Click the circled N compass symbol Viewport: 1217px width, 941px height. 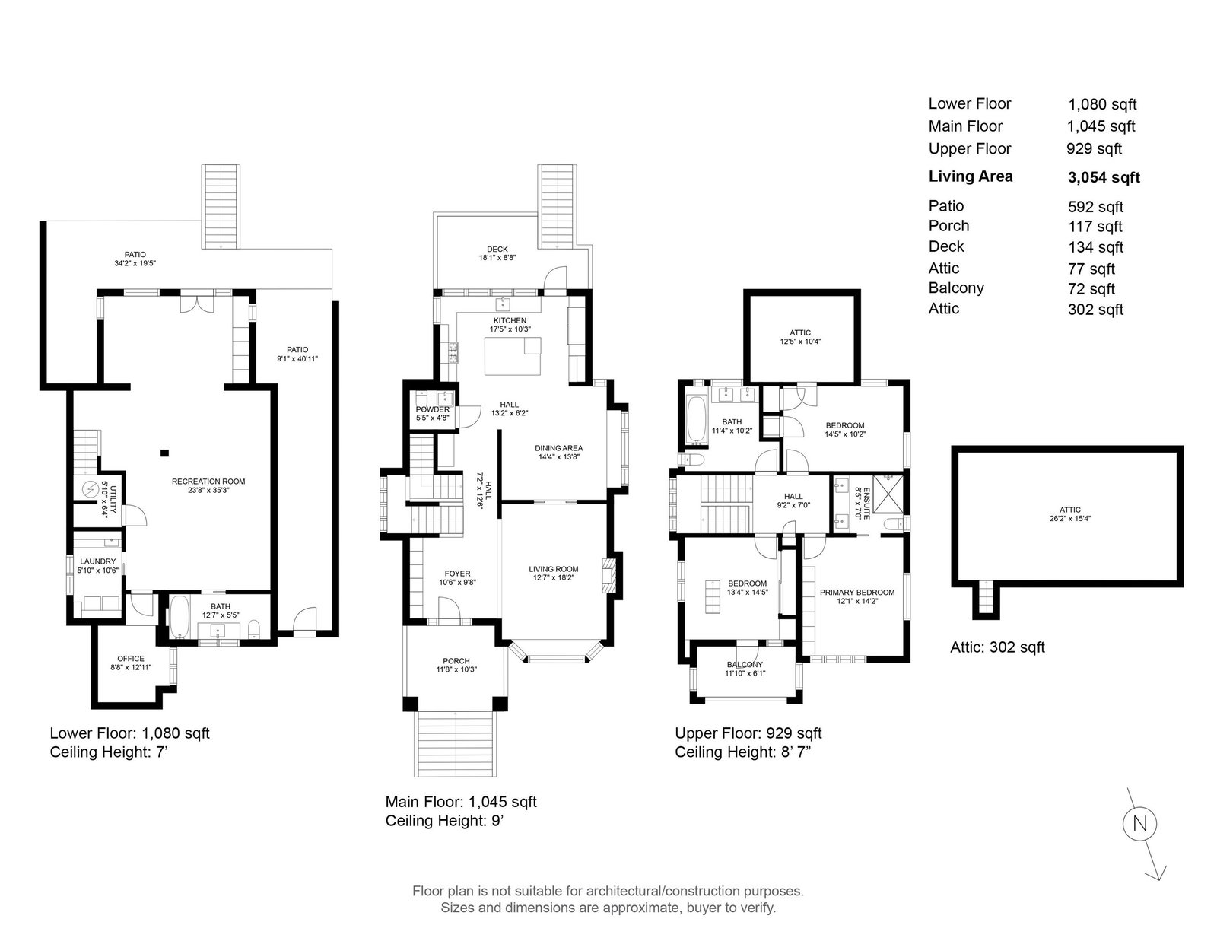[1139, 823]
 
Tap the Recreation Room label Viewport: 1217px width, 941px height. [208, 481]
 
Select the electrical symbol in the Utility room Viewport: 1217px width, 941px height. [91, 490]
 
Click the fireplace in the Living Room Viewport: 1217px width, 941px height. [608, 575]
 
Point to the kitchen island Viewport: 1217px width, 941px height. [513, 356]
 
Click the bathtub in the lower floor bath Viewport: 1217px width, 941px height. [180, 617]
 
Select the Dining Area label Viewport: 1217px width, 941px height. [558, 448]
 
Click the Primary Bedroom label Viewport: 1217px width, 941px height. [857, 592]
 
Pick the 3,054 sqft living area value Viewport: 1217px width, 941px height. [1104, 177]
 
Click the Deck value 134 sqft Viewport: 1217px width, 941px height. [1095, 247]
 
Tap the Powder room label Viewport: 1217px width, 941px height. [432, 409]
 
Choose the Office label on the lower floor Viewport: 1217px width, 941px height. [131, 659]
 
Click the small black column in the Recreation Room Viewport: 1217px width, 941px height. [164, 453]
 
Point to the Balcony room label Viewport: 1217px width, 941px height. [745, 665]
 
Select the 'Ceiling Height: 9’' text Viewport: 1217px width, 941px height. [445, 821]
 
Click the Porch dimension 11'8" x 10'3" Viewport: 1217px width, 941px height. [456, 669]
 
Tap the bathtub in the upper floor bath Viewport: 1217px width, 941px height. [697, 420]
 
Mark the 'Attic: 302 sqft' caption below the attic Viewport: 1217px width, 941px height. [997, 647]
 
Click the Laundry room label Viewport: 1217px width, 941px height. [97, 561]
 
